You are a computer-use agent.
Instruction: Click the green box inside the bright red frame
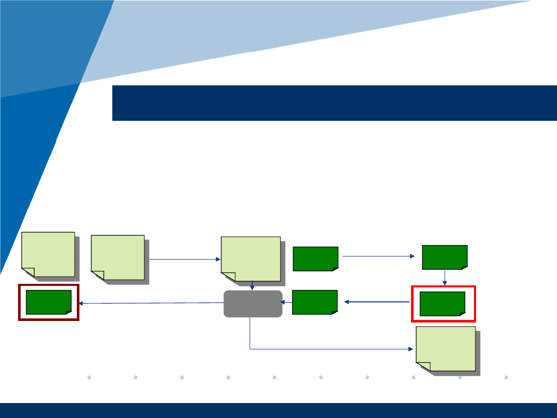point(443,303)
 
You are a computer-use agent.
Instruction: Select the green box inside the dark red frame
point(48,302)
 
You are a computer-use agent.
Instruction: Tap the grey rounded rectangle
point(253,303)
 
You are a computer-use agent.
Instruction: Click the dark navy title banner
point(334,103)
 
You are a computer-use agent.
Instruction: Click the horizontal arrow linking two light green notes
point(184,259)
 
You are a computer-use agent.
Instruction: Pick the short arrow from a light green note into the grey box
point(252,285)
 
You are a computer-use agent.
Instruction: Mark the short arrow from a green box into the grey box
point(287,302)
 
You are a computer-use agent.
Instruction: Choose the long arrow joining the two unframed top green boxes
point(379,255)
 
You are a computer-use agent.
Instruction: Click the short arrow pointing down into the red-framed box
point(445,277)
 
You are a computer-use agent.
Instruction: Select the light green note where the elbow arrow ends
point(446,348)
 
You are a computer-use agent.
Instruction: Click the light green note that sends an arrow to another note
point(118,257)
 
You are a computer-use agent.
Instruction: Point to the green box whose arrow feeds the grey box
point(315,302)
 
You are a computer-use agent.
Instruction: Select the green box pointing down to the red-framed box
point(445,257)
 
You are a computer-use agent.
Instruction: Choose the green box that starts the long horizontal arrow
point(315,259)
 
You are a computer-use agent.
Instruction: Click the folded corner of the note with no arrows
point(28,272)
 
